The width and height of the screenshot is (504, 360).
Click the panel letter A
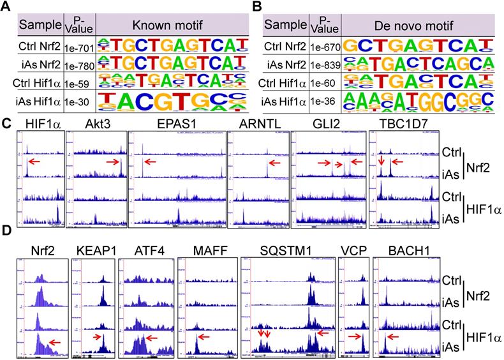coord(8,7)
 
